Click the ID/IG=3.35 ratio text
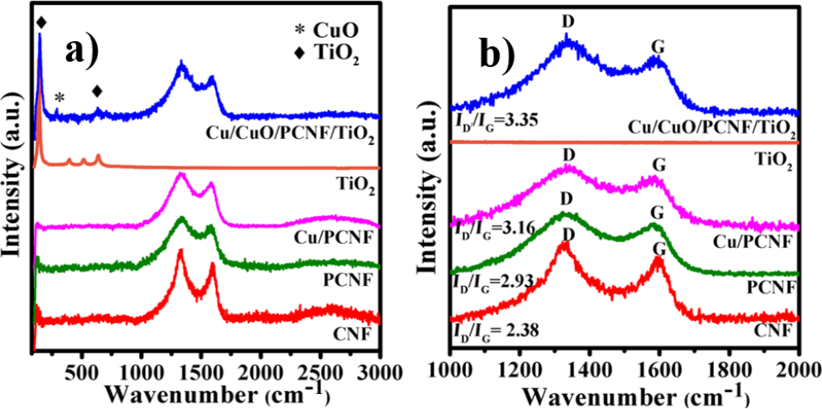(x=488, y=122)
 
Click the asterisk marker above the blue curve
(x=59, y=99)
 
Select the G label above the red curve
(x=659, y=249)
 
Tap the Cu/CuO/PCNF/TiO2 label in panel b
(x=711, y=127)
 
